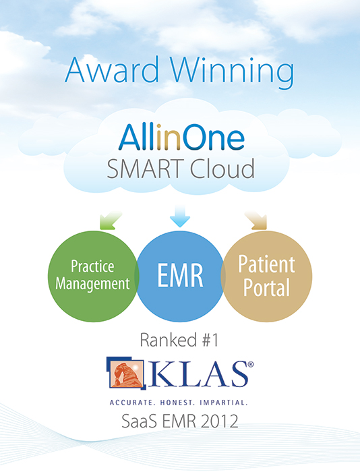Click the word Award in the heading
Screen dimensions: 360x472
112,69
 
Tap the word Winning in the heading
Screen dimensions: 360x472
233,72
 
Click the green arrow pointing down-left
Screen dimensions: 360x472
111,220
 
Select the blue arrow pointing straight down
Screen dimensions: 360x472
180,216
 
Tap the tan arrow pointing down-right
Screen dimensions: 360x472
256,220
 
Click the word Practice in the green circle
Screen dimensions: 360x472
92,266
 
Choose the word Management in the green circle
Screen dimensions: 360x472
92,284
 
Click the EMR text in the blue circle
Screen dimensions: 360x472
180,275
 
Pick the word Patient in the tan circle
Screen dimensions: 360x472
267,264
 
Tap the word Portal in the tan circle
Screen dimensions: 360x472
267,287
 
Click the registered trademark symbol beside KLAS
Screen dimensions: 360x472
250,365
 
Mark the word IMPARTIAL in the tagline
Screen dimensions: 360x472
224,403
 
